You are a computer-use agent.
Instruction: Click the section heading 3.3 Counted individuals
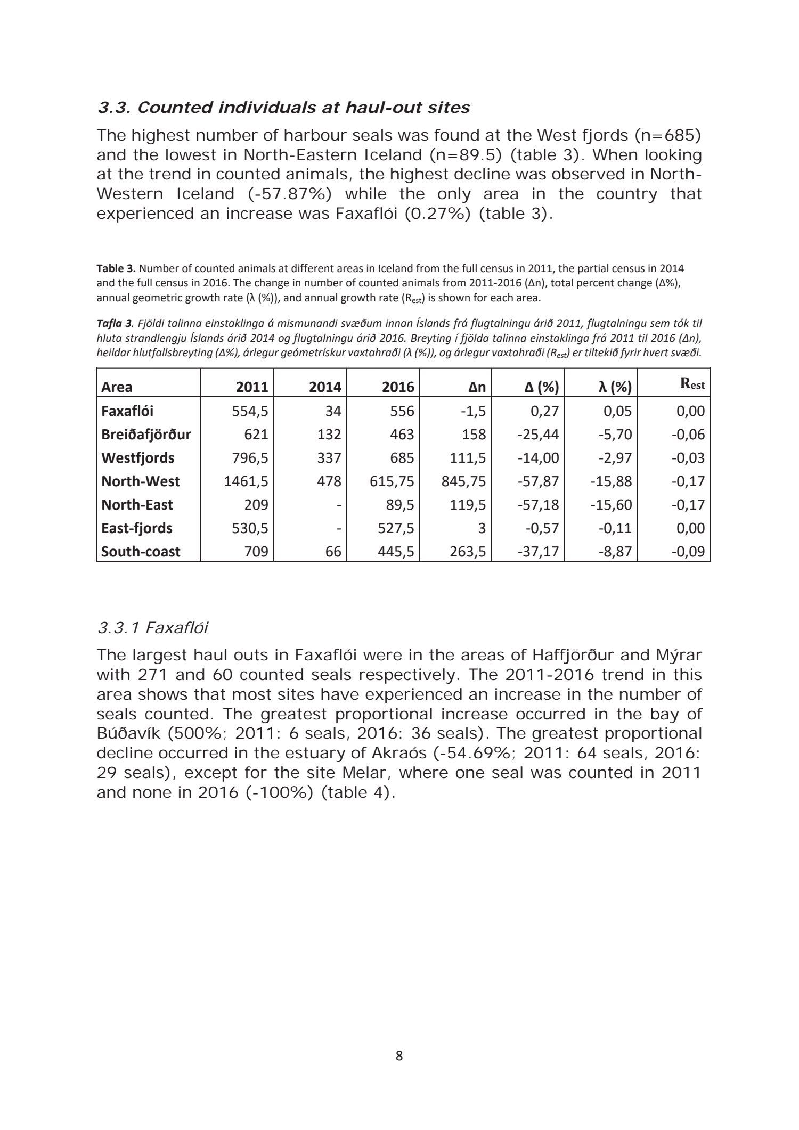tap(283, 108)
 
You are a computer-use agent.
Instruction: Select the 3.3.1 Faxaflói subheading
tap(152, 628)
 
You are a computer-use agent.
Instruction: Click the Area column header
tap(117, 387)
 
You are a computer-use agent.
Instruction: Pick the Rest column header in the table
tap(692, 385)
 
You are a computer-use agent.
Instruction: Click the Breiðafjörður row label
tap(146, 435)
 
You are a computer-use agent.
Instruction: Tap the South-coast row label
tap(141, 552)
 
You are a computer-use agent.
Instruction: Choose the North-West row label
tap(141, 481)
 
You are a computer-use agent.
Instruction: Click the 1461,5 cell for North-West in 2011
tap(246, 481)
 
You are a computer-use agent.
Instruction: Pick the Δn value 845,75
tap(463, 481)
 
